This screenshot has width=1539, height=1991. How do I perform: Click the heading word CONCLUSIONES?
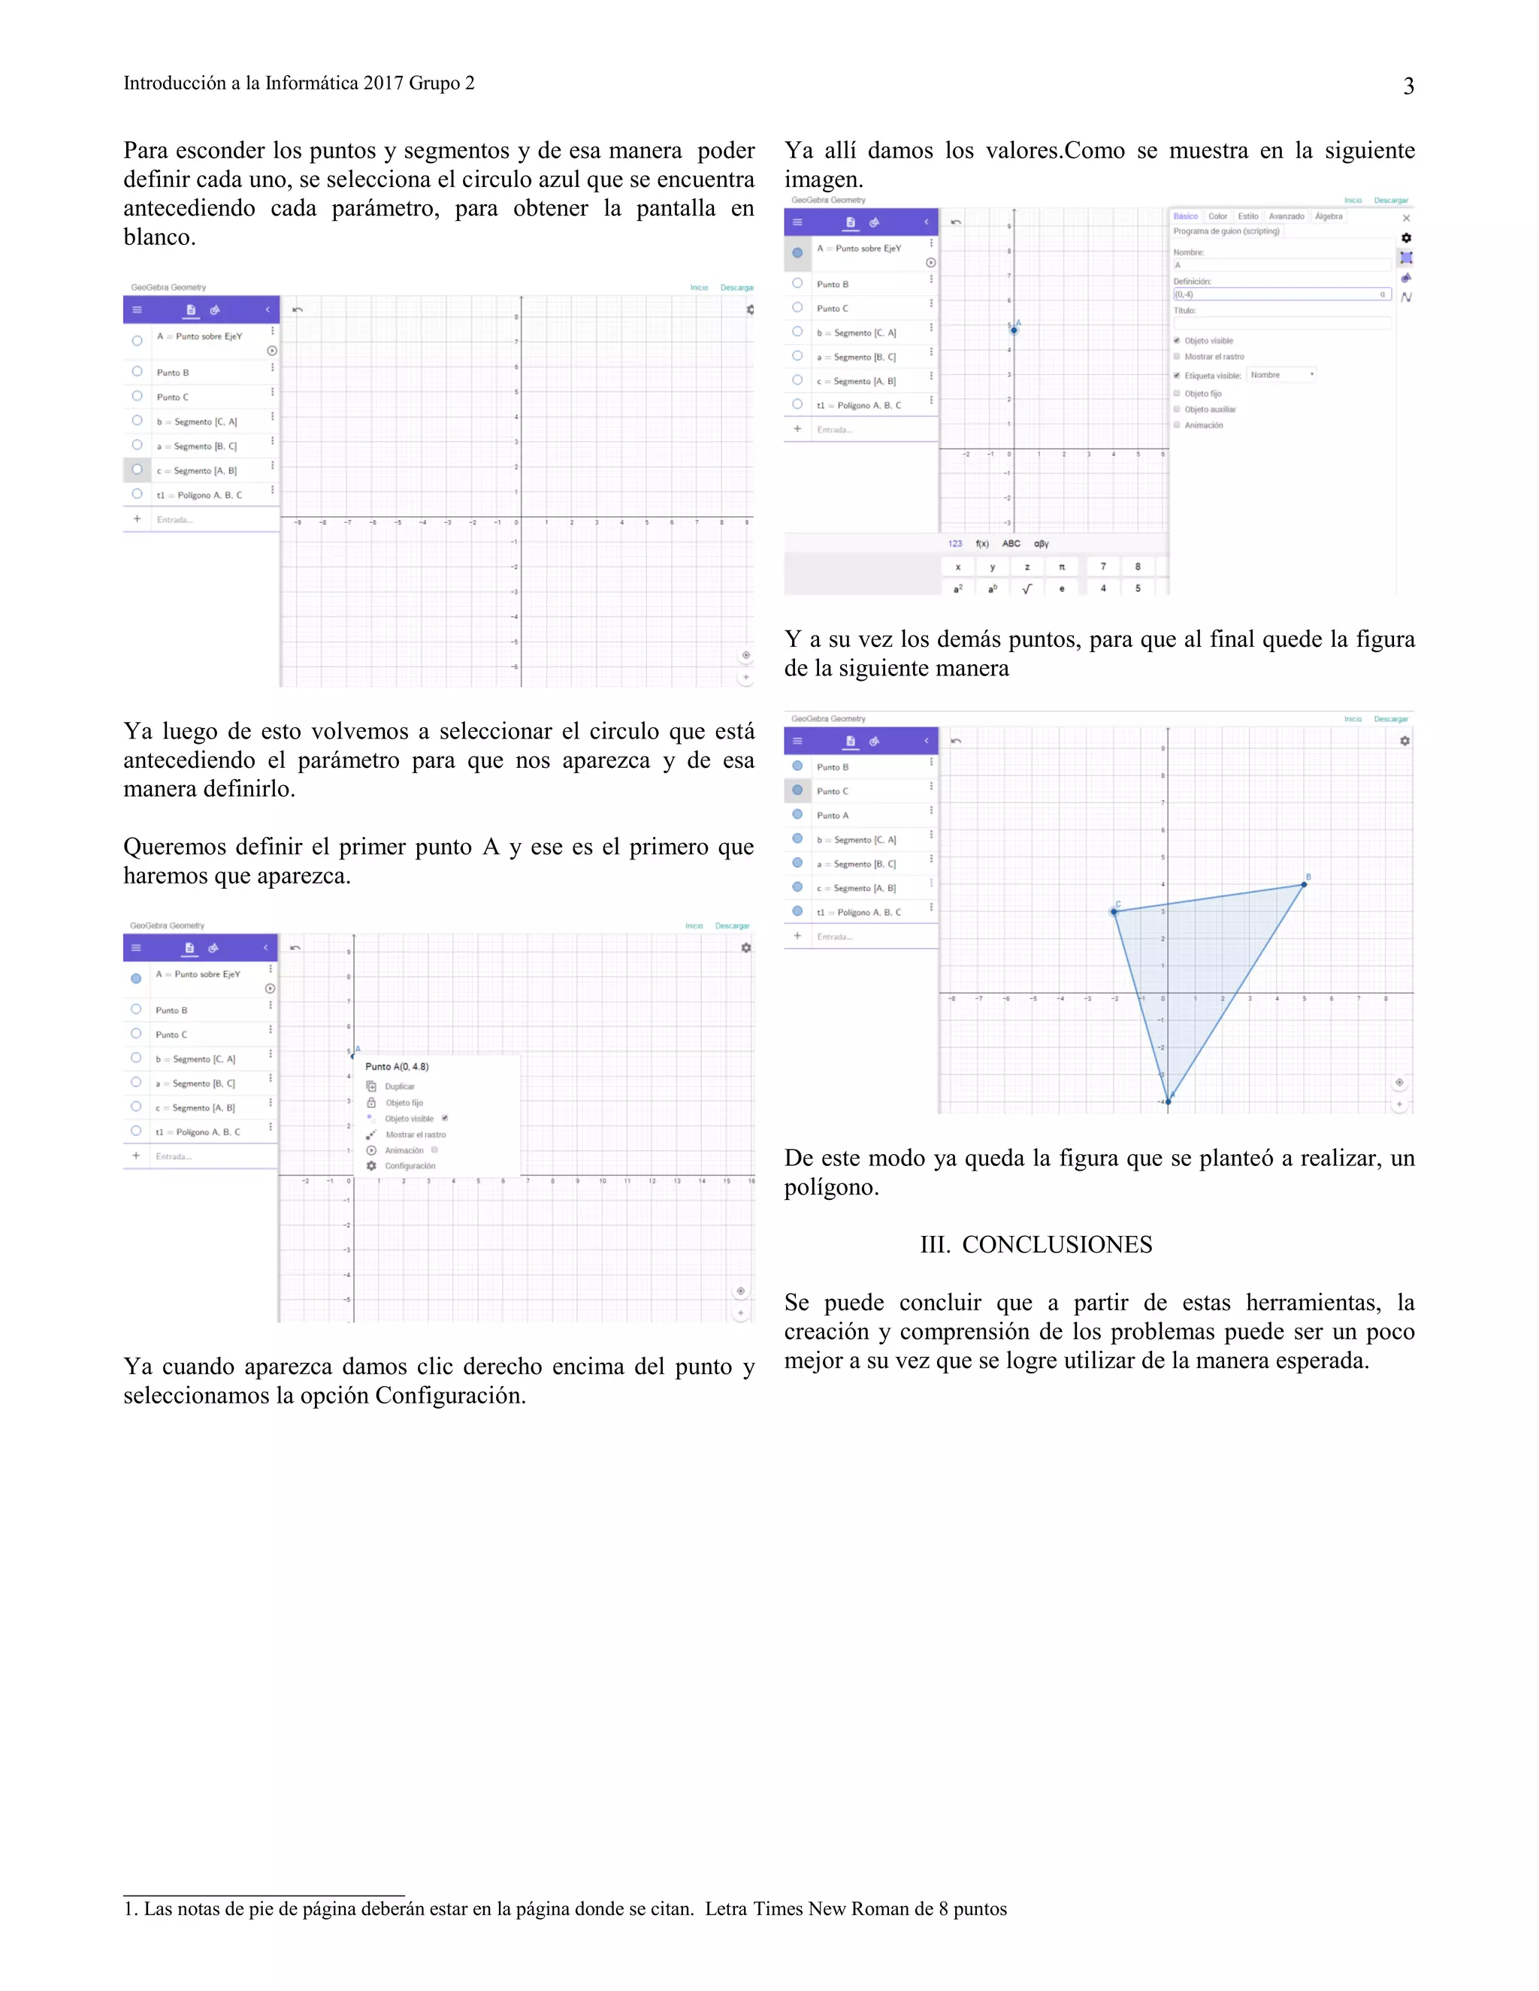click(x=1057, y=1244)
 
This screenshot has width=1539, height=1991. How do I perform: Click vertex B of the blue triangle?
click(x=1304, y=884)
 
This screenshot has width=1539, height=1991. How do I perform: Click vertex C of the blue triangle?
click(x=1114, y=911)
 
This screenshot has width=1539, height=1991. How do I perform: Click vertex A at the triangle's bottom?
click(x=1168, y=1101)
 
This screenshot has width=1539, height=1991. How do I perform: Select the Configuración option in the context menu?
click(x=410, y=1166)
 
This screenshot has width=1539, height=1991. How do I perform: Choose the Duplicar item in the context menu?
click(x=399, y=1086)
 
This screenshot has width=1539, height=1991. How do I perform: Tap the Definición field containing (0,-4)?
click(x=1277, y=295)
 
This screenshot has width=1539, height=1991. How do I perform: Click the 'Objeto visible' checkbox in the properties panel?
click(x=1177, y=341)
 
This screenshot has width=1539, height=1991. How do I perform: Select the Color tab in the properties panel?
click(x=1217, y=217)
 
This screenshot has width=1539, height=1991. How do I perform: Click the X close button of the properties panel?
click(x=1406, y=218)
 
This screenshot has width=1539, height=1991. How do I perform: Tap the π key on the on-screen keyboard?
click(x=1061, y=567)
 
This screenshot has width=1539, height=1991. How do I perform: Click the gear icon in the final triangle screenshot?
click(x=1405, y=741)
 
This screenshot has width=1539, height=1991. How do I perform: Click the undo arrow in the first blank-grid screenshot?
click(x=298, y=310)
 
